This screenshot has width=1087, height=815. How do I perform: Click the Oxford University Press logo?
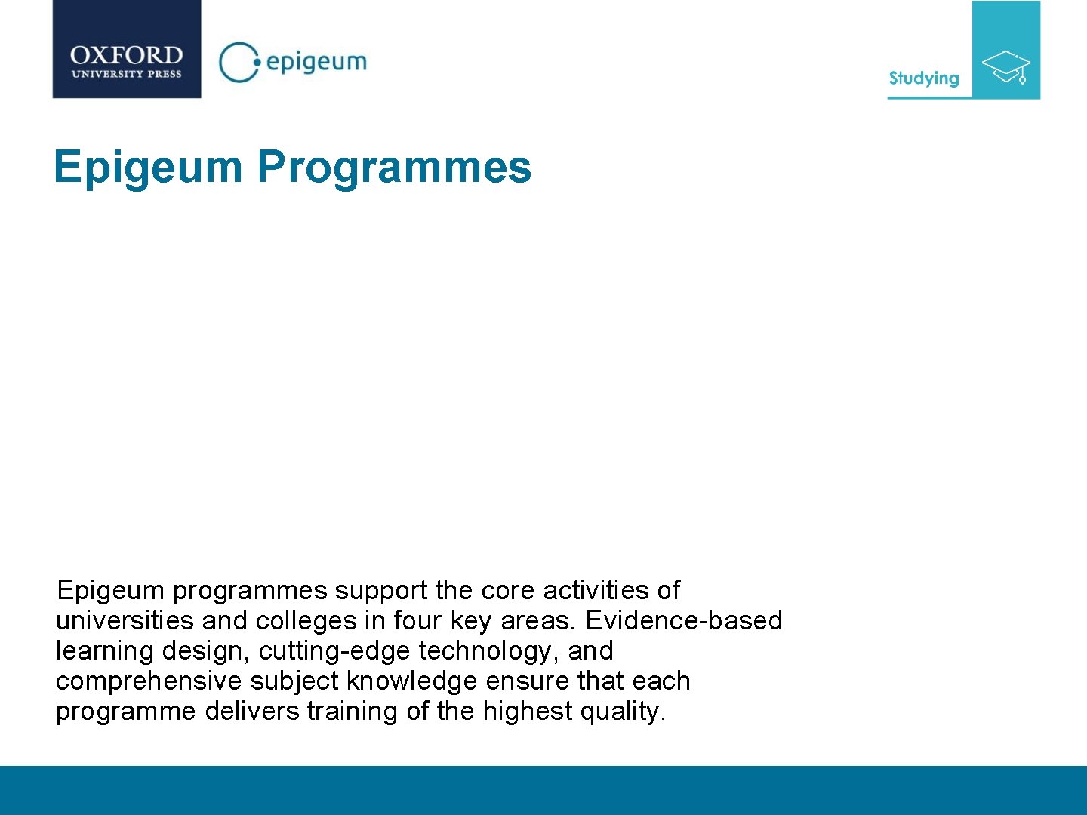pos(127,50)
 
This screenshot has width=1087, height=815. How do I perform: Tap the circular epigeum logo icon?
pos(238,62)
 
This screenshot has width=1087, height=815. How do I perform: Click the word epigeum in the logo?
pos(316,62)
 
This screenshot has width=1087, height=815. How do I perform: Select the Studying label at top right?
pos(923,78)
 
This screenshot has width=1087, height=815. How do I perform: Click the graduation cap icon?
pos(1006,66)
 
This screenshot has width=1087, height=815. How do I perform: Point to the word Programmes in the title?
pos(394,167)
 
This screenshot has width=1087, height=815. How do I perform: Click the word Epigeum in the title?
pos(148,167)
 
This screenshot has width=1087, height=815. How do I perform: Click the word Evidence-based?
pos(683,620)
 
